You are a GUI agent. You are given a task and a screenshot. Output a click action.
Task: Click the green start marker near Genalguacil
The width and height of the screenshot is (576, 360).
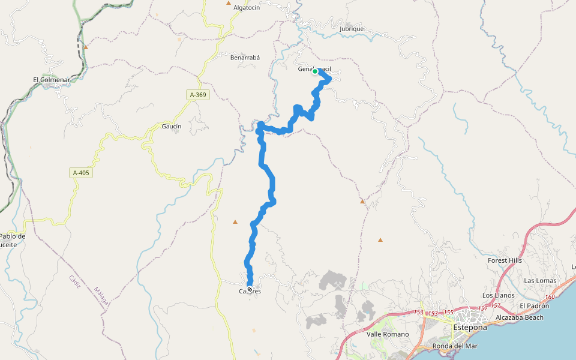click(315, 71)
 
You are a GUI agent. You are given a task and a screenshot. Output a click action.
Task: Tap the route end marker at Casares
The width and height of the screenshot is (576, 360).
click(250, 289)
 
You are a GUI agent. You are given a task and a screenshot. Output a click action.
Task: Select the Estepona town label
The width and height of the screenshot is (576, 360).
click(471, 328)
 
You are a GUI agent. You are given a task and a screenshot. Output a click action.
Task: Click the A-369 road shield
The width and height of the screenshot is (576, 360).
click(198, 95)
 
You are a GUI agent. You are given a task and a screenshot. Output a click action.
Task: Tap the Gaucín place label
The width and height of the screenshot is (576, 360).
click(172, 126)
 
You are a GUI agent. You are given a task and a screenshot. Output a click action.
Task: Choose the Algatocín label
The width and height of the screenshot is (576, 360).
click(247, 7)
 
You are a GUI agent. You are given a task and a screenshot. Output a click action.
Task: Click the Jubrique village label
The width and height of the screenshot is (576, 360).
click(352, 28)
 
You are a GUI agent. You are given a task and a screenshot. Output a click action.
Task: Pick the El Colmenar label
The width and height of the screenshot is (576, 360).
click(52, 79)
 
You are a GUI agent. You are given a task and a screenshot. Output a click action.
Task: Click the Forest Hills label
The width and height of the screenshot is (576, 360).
click(505, 260)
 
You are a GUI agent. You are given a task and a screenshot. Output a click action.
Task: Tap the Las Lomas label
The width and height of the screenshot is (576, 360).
click(540, 280)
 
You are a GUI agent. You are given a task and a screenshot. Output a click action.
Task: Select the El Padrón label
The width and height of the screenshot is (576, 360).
click(535, 305)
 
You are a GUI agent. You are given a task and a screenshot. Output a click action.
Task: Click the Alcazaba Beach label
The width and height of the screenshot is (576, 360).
click(520, 317)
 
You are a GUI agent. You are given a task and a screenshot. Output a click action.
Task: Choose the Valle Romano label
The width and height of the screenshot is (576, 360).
click(388, 334)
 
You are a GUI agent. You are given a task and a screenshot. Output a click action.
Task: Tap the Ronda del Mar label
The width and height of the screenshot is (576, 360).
click(455, 346)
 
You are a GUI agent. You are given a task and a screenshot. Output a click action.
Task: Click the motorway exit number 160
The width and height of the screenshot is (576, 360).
click(550, 297)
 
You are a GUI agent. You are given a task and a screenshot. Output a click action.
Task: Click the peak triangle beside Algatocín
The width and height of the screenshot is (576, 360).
click(228, 3)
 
